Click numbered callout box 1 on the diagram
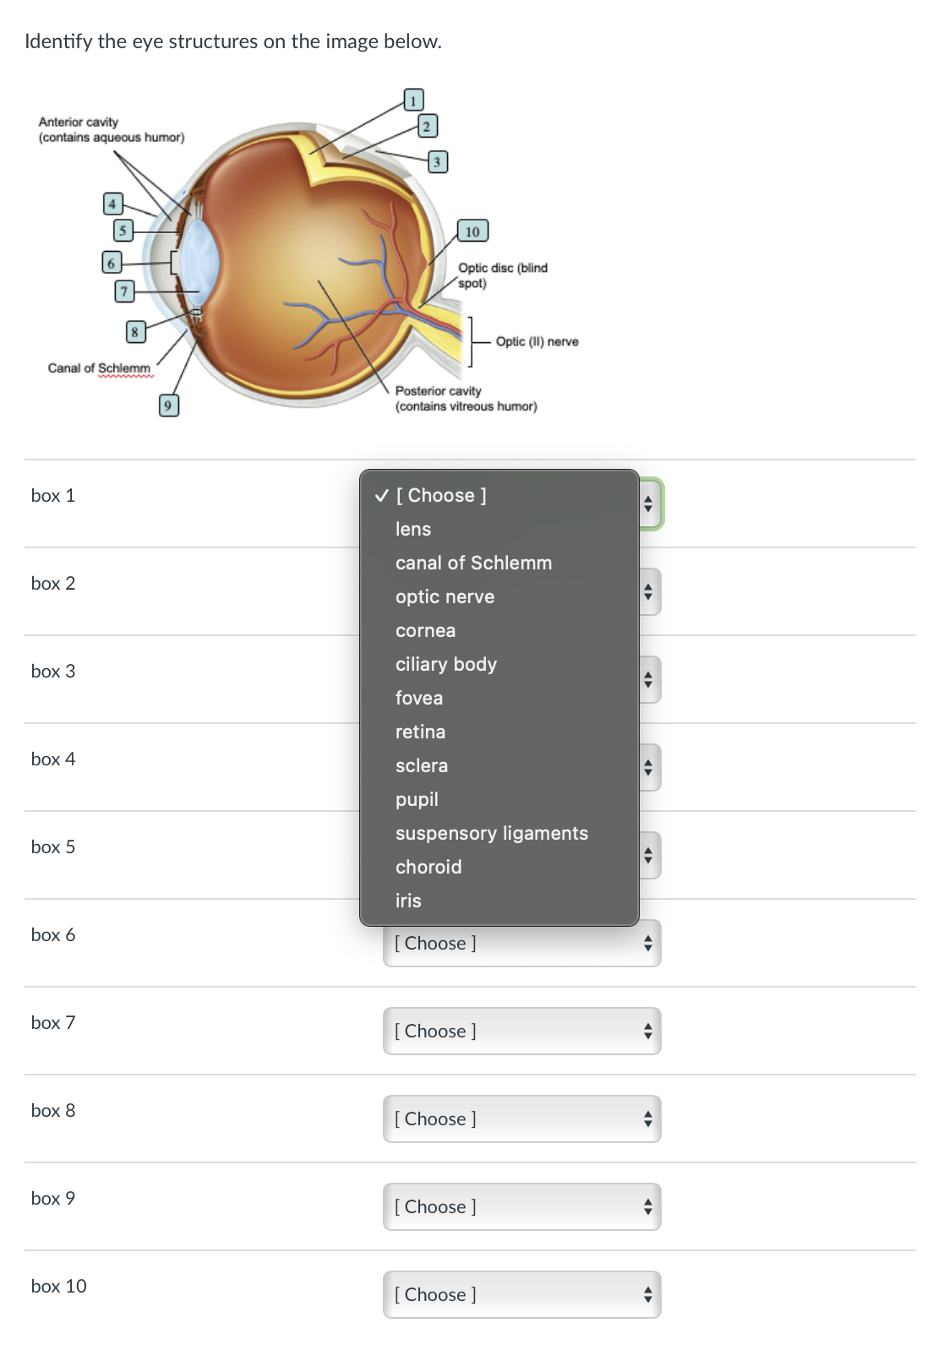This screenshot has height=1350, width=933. coord(412,101)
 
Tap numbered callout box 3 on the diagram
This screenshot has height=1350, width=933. coord(436,161)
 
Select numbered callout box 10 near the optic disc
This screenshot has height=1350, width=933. coord(472,231)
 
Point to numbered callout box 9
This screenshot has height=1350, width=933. coord(168,406)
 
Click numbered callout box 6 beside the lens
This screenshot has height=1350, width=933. coord(111,262)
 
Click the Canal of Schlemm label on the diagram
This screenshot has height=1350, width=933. coord(99,368)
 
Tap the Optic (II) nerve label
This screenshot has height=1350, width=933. coord(537,341)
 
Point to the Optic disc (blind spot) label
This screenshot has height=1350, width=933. coord(502,275)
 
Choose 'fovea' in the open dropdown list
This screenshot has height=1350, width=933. coord(419,698)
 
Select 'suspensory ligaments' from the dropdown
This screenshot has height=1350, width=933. coord(492,833)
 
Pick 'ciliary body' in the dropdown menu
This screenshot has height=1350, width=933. coord(446,664)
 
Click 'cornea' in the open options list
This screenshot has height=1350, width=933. coord(425,630)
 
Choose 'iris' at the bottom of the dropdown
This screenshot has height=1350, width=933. coord(408,901)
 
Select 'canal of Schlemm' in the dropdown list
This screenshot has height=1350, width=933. coord(473,563)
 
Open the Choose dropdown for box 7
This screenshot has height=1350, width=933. coord(521,1031)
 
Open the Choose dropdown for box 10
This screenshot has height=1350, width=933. coord(521,1294)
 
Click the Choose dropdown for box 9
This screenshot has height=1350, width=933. coord(521,1206)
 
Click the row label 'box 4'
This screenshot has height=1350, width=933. coord(53,759)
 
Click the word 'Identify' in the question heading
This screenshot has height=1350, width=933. coord(58,41)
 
